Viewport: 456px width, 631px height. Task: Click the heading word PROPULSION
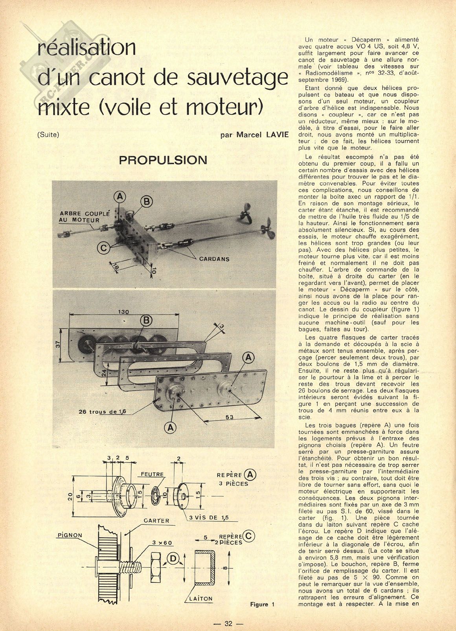[x=163, y=160]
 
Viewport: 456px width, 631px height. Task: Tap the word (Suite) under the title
[x=48, y=135]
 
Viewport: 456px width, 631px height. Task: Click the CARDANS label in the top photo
[x=214, y=259]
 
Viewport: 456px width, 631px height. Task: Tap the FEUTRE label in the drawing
[x=153, y=474]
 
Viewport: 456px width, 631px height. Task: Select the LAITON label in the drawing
[x=200, y=599]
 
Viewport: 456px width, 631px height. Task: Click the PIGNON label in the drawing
[x=70, y=535]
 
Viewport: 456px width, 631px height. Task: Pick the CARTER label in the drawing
[x=156, y=520]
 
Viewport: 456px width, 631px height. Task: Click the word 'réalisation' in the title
[x=86, y=48]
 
